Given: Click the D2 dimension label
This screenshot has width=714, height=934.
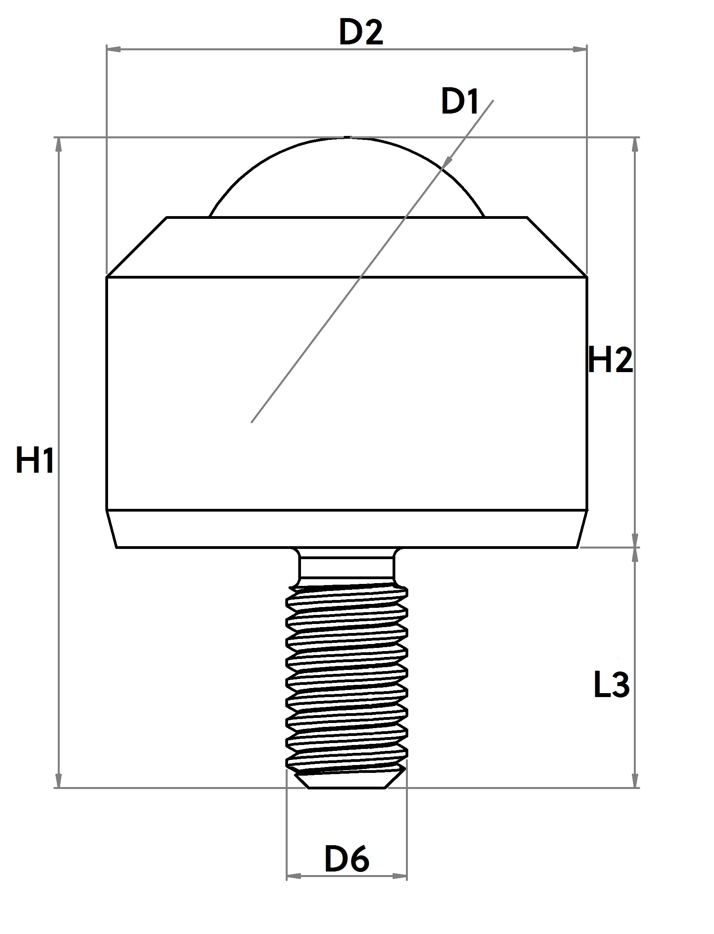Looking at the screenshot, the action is click(361, 33).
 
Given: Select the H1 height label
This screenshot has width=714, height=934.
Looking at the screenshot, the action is click(35, 461).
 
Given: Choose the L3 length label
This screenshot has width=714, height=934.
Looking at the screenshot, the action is click(611, 685).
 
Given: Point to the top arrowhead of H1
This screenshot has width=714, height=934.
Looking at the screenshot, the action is click(58, 145).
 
